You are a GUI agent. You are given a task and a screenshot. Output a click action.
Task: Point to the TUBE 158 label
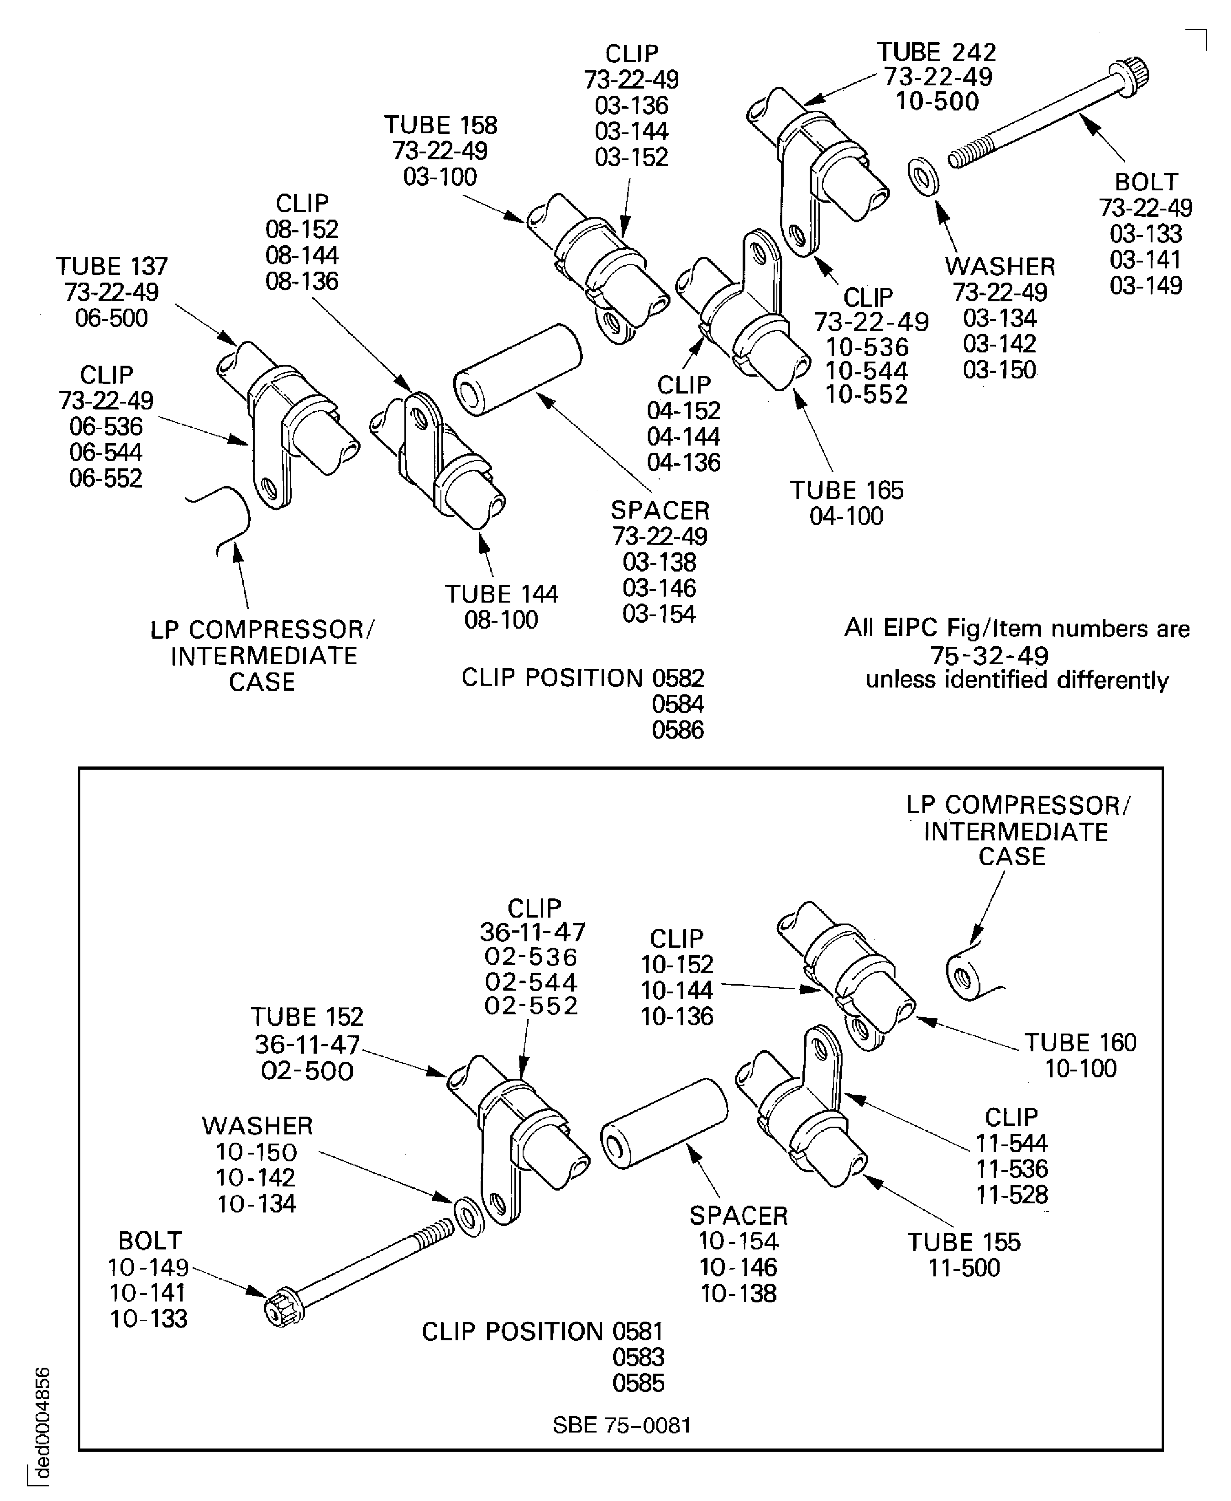click(x=440, y=126)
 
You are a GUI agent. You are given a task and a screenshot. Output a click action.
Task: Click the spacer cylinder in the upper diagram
click(x=517, y=370)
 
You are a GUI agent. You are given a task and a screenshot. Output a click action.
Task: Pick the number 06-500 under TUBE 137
click(x=111, y=318)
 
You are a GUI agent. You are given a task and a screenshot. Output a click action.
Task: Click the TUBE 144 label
click(x=501, y=594)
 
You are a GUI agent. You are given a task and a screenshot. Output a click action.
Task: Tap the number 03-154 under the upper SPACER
click(x=660, y=614)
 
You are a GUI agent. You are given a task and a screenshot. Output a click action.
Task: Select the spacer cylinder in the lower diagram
click(x=664, y=1123)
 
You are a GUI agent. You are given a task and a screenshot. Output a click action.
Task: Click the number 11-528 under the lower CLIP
click(x=1011, y=1195)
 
